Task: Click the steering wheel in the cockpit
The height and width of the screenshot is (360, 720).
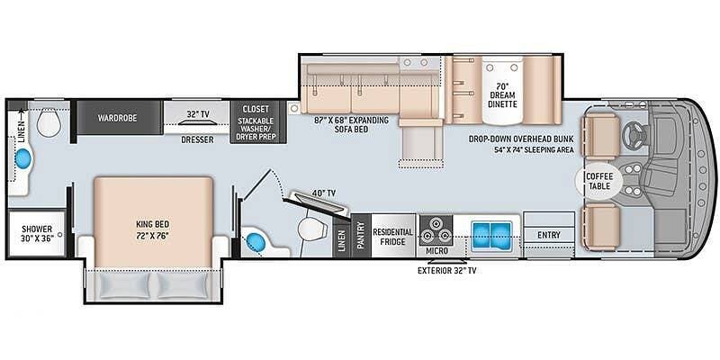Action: (634, 134)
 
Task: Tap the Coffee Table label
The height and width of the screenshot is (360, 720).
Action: (599, 181)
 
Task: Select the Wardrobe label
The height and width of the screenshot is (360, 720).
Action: (117, 118)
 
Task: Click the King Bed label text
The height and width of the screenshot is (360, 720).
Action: (152, 229)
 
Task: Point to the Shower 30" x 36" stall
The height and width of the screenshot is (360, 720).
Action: (37, 233)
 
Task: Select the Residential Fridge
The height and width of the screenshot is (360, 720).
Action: (392, 235)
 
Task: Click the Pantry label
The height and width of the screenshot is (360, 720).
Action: (361, 236)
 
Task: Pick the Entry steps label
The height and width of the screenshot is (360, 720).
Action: (549, 235)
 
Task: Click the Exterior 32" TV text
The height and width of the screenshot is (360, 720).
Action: (446, 271)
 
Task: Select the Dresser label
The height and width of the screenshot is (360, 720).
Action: (197, 139)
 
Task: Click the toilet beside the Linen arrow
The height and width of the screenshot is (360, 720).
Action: (49, 122)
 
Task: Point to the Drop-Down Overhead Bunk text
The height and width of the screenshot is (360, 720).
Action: (521, 139)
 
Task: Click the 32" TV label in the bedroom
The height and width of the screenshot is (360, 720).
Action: (197, 113)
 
